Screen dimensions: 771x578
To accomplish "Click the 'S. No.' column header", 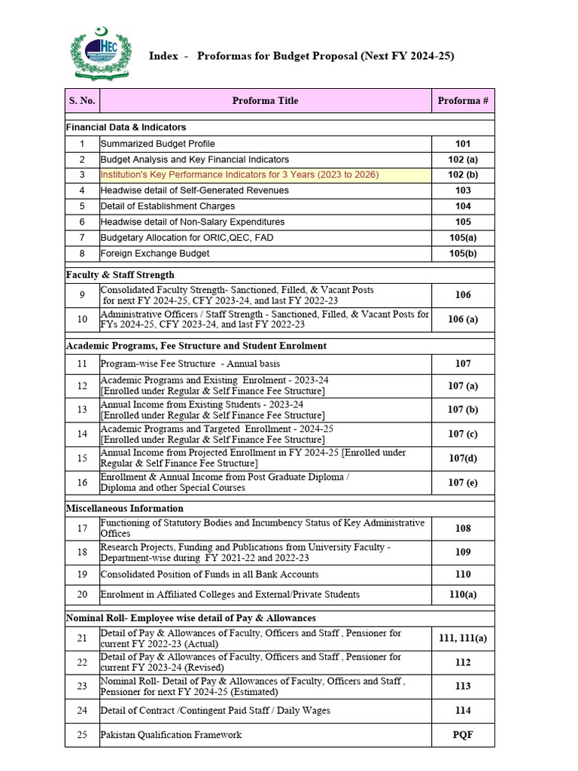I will point(82,100).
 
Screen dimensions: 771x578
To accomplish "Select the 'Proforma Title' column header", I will point(265,100).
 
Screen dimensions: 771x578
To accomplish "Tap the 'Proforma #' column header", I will point(463,100).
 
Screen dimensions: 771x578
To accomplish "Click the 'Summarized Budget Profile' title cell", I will point(158,144).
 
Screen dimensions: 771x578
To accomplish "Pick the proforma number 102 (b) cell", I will point(463,175).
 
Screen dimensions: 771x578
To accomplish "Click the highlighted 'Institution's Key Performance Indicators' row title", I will point(239,175).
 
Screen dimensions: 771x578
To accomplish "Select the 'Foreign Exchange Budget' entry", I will point(155,254).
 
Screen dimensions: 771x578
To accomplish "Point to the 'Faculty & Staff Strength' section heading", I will point(120,275).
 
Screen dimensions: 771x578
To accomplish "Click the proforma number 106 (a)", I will point(463,319).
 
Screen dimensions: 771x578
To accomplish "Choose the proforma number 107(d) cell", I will point(463,458).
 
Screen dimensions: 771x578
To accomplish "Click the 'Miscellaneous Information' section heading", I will point(124,508).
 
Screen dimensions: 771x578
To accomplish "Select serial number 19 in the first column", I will point(82,574).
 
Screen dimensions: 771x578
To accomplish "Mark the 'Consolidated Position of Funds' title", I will point(209,574).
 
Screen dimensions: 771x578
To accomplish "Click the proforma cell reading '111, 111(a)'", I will point(463,638).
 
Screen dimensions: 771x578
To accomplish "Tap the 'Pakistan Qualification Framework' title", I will point(172,734).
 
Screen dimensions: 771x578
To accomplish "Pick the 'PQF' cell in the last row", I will point(463,734).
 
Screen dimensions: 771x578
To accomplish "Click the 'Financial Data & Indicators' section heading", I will point(126,127).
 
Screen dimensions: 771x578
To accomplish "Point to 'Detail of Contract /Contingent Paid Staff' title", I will point(215,710).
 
